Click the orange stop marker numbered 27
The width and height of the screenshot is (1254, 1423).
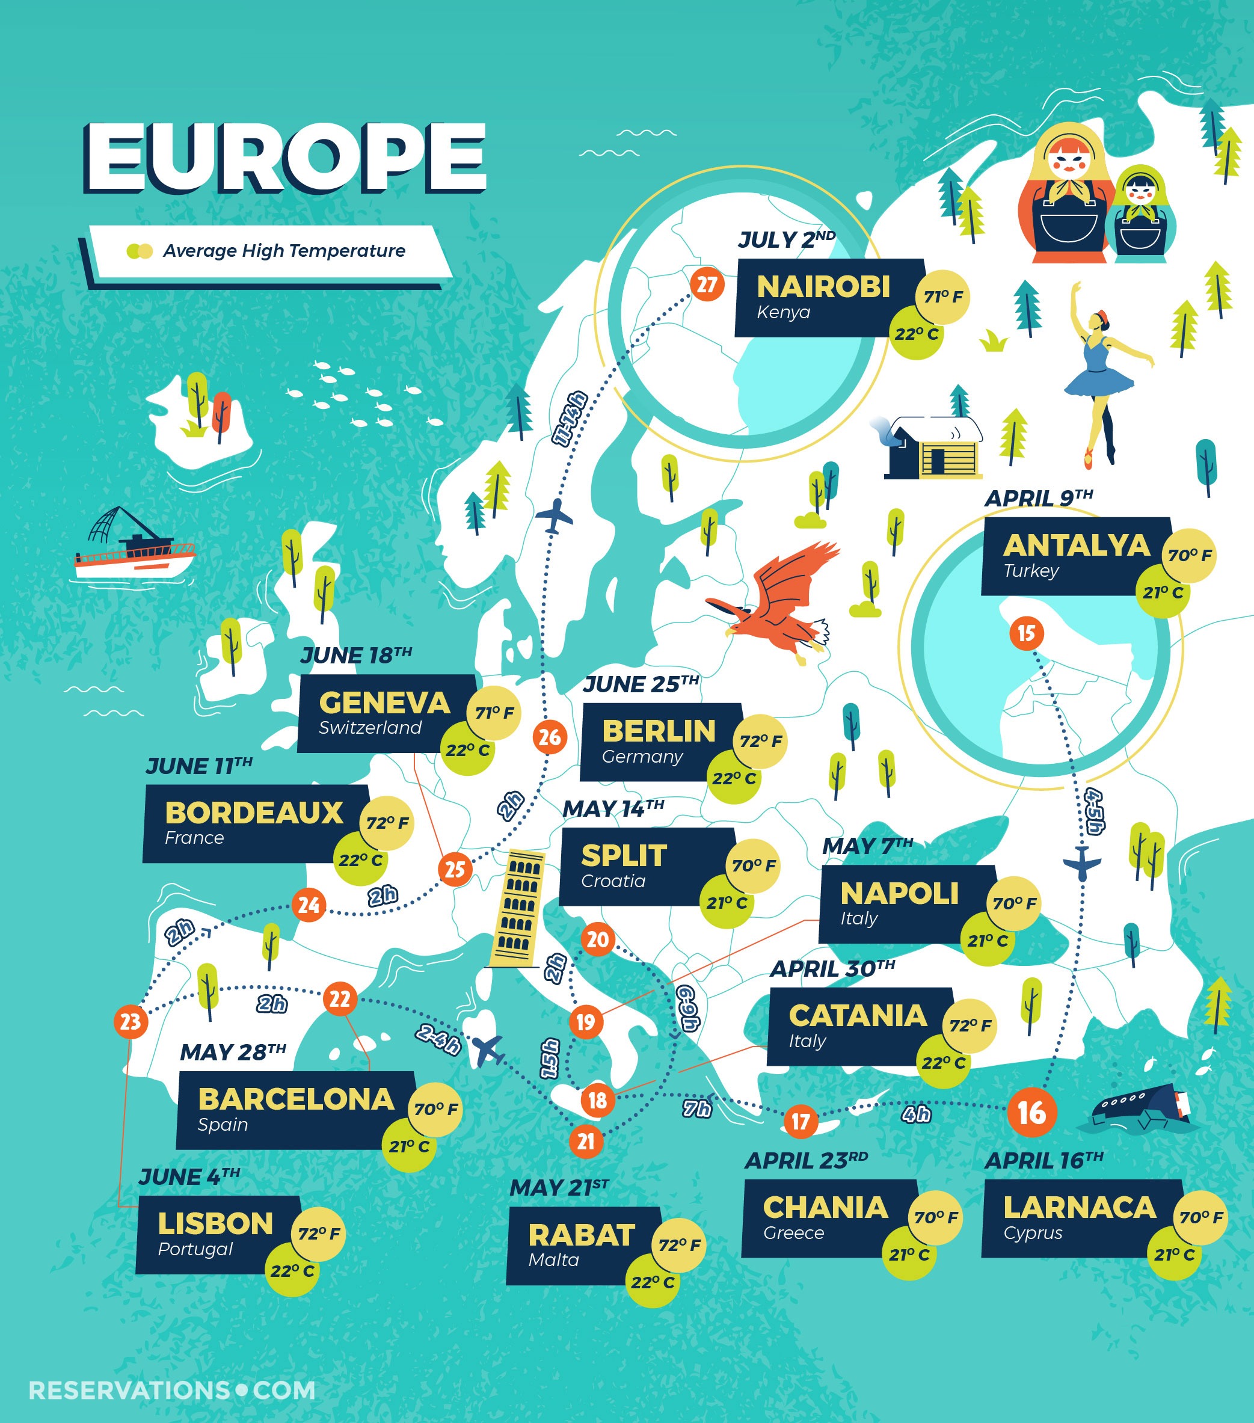707,284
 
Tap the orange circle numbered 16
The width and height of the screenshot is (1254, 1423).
1031,1113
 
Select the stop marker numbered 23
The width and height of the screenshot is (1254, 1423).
130,1021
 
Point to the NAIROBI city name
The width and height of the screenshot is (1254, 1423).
823,286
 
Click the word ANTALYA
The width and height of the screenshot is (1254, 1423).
1076,545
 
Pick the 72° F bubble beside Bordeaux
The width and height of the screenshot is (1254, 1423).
387,823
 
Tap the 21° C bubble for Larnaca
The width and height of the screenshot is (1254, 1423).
1174,1255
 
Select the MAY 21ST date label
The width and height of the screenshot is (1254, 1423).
559,1188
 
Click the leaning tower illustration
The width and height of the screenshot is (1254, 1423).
517,909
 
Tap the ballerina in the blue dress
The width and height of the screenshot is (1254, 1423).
1100,369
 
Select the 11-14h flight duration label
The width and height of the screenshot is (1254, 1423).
570,419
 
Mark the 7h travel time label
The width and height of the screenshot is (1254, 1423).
696,1108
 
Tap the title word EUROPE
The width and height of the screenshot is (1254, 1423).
286,158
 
